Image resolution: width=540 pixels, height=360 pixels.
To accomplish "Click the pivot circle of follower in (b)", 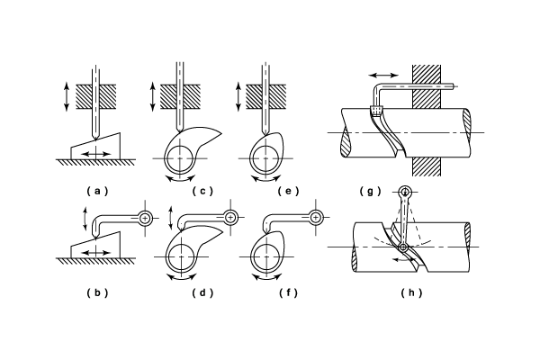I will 146,217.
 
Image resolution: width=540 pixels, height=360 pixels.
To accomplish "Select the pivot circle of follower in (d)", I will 231,217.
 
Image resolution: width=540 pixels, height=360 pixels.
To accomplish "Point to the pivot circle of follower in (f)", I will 316,217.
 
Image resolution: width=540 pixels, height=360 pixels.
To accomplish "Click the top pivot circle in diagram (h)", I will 405,192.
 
